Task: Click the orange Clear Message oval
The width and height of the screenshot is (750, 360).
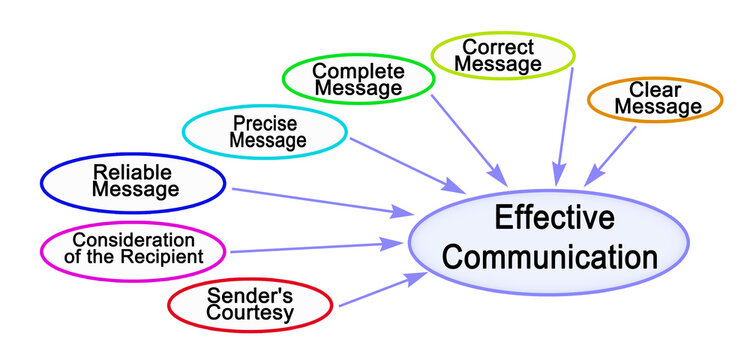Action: click(x=654, y=100)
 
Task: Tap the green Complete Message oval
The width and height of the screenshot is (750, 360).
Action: click(x=357, y=79)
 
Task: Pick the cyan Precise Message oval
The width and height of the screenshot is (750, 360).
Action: click(x=266, y=132)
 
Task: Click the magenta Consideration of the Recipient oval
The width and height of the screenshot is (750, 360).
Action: click(x=132, y=247)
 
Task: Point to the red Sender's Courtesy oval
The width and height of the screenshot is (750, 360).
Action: click(x=250, y=304)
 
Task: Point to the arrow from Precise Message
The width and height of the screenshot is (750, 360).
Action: click(x=405, y=162)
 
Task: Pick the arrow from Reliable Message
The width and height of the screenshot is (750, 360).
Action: click(x=320, y=200)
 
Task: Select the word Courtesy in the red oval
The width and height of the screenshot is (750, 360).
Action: click(x=250, y=314)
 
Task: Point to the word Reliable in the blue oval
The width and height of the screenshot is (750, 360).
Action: click(x=128, y=171)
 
